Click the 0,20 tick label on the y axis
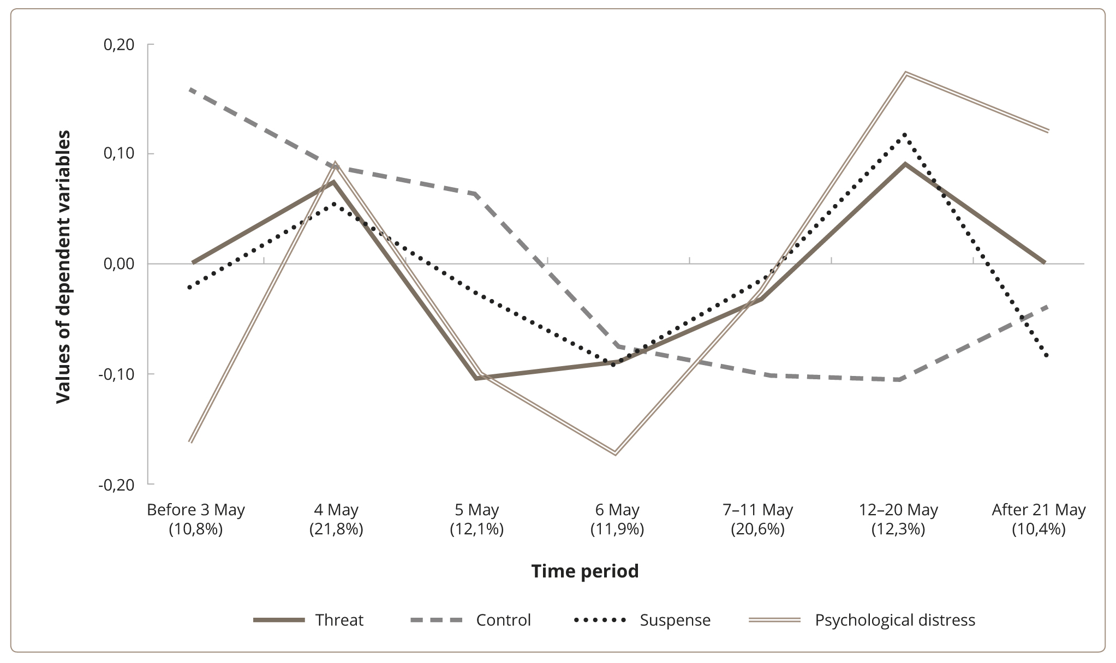pyautogui.click(x=119, y=44)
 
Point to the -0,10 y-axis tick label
pyautogui.click(x=117, y=374)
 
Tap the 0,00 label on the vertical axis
pyautogui.click(x=119, y=264)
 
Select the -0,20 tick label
pyautogui.click(x=117, y=485)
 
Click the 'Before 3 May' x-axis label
pyautogui.click(x=196, y=510)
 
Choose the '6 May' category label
pyautogui.click(x=617, y=510)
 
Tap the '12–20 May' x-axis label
pyautogui.click(x=898, y=510)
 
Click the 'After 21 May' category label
pyautogui.click(x=1039, y=510)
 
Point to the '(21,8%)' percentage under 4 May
pyautogui.click(x=336, y=529)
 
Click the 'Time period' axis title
pyautogui.click(x=585, y=571)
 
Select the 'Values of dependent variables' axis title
pyautogui.click(x=64, y=266)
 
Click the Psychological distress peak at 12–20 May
pyautogui.click(x=905, y=73)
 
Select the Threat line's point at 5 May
pyautogui.click(x=476, y=378)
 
